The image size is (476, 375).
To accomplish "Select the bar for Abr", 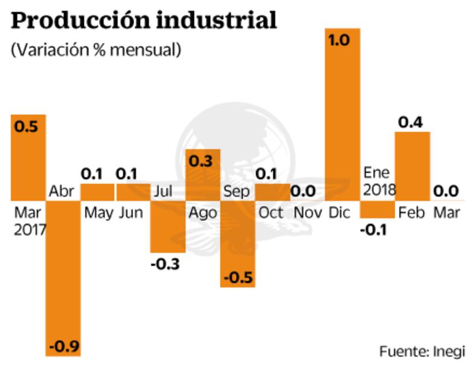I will click(63, 278).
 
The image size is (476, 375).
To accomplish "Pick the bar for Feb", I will click(412, 166).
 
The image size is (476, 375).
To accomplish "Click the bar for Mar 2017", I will click(28, 157).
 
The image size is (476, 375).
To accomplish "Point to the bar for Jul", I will click(167, 226).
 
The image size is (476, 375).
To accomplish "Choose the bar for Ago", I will click(202, 175).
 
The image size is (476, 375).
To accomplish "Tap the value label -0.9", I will click(63, 348).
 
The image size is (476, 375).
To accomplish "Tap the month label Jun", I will click(131, 213).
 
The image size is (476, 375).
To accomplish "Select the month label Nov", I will click(307, 213).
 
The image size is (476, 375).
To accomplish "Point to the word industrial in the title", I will click(217, 21).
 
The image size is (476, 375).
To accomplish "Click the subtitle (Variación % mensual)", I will click(95, 50).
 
